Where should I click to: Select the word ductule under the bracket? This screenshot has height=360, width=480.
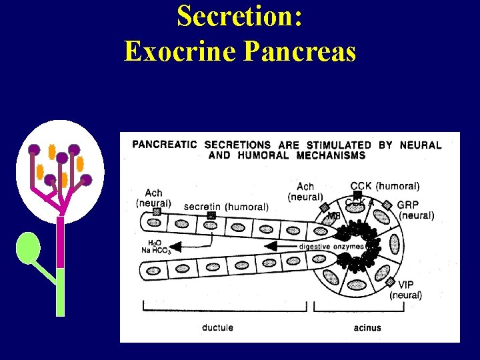tap(218, 327)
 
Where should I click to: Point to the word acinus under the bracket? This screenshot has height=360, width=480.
tap(367, 327)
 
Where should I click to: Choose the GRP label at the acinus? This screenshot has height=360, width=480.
tap(408, 205)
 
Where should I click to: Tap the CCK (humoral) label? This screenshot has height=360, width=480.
tap(385, 186)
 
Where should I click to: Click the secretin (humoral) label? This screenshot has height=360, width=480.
tap(226, 207)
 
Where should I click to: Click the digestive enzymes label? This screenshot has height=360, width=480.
tap(331, 246)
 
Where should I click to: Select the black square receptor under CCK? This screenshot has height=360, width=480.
tap(358, 195)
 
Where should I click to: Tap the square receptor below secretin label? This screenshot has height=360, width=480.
tap(211, 216)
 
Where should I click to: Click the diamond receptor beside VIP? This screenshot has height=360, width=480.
tap(390, 283)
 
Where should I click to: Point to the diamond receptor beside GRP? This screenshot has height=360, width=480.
tap(386, 205)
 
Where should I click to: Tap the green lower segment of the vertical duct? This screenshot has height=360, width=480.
tap(60, 291)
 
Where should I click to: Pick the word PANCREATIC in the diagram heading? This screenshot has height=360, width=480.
tap(164, 145)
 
